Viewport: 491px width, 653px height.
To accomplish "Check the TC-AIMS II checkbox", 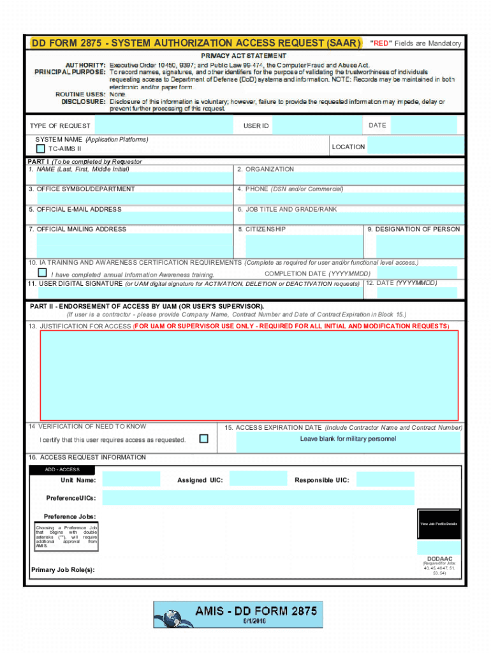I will [41, 149].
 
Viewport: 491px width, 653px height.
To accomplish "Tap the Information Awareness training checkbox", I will [42, 272].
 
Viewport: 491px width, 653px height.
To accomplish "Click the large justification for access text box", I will [249, 375].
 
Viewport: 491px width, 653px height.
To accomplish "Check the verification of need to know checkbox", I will [203, 439].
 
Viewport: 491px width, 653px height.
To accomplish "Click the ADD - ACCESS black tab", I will [62, 470].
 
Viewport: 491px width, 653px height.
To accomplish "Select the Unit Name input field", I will [131, 480].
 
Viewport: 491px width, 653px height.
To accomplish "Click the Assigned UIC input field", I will [258, 479].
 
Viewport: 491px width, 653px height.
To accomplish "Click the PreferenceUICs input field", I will [258, 497].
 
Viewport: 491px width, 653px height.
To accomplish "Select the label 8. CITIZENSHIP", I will [261, 229].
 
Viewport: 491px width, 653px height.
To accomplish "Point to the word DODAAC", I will [439, 559].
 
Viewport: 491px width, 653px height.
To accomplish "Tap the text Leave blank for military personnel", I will [348, 439].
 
